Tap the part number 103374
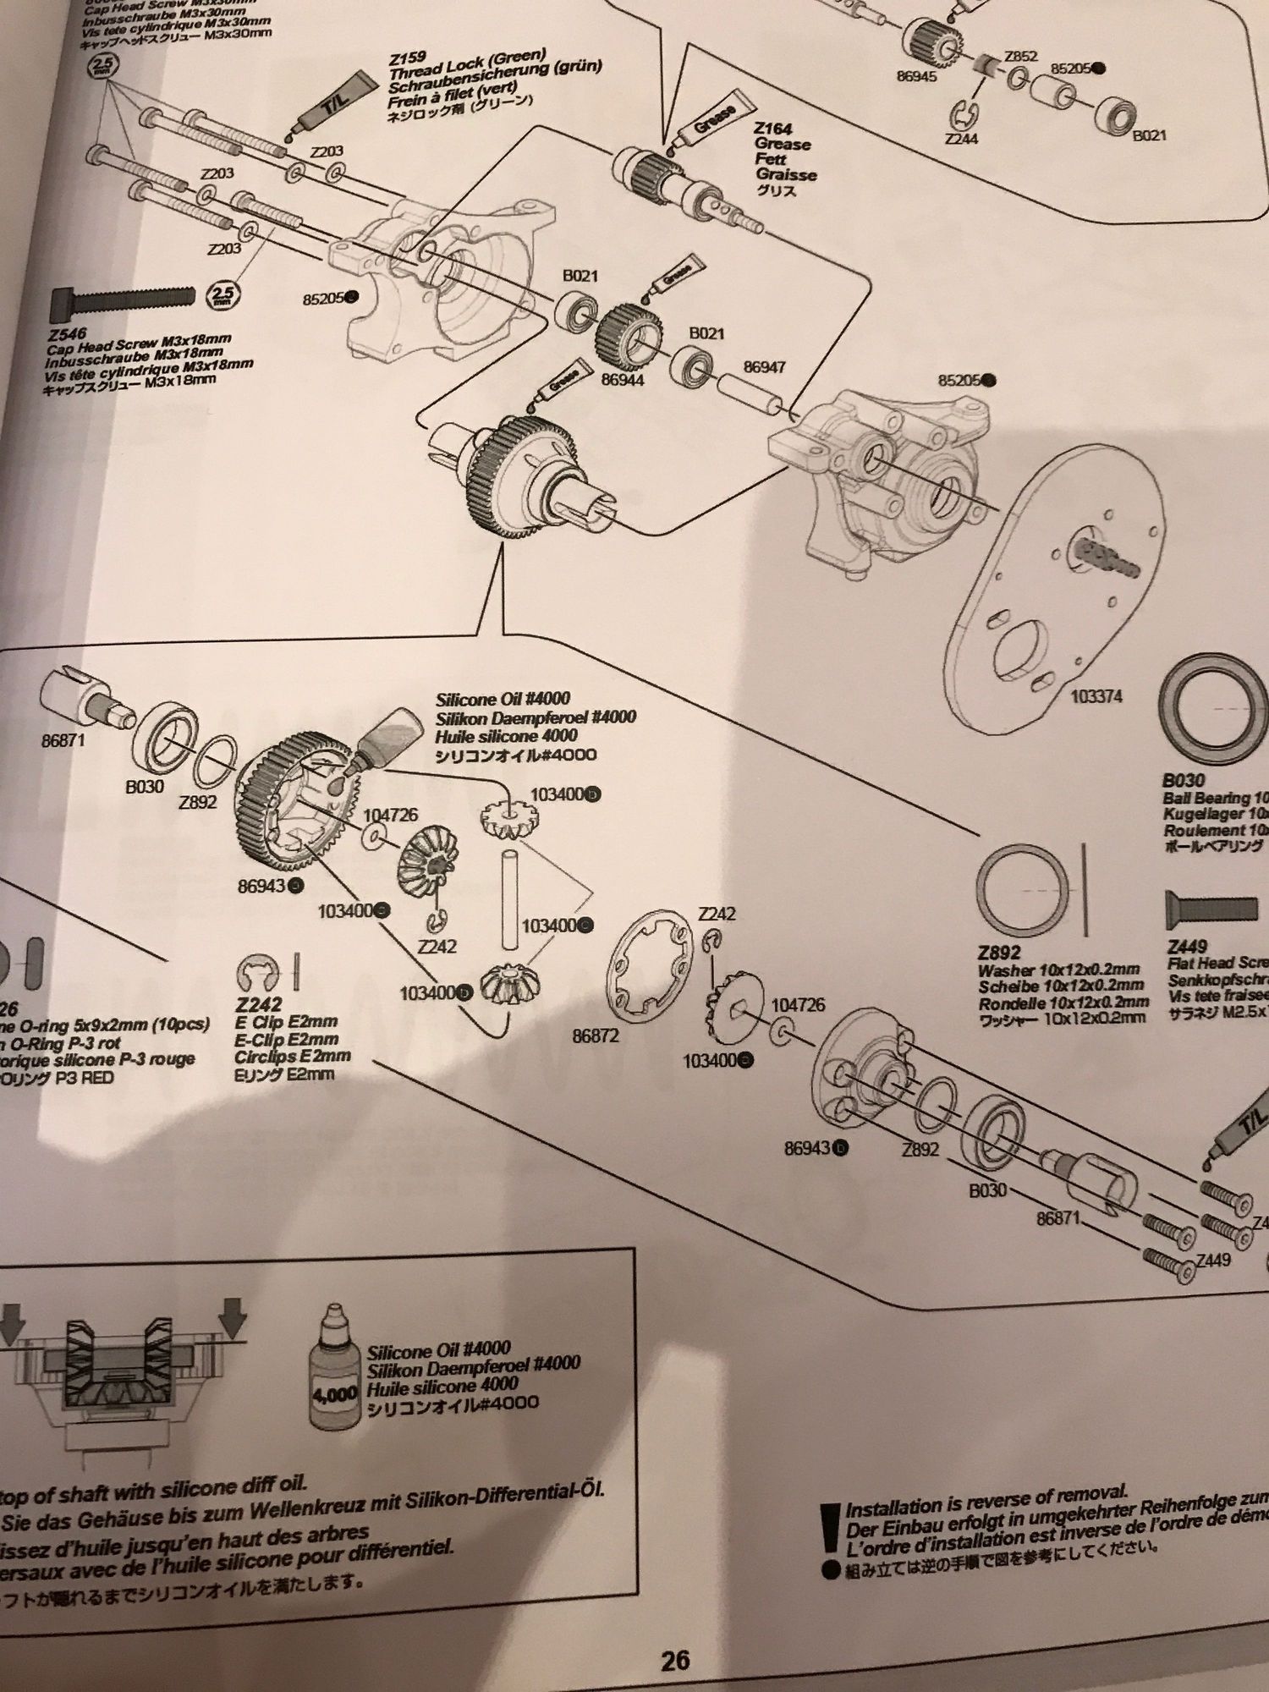(1096, 696)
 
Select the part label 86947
(764, 367)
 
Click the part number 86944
(622, 381)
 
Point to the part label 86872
(595, 1036)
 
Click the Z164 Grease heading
(773, 129)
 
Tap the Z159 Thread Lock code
(404, 61)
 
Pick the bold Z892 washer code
(998, 953)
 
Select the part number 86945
(917, 76)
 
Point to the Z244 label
(962, 137)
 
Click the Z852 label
(1020, 57)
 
